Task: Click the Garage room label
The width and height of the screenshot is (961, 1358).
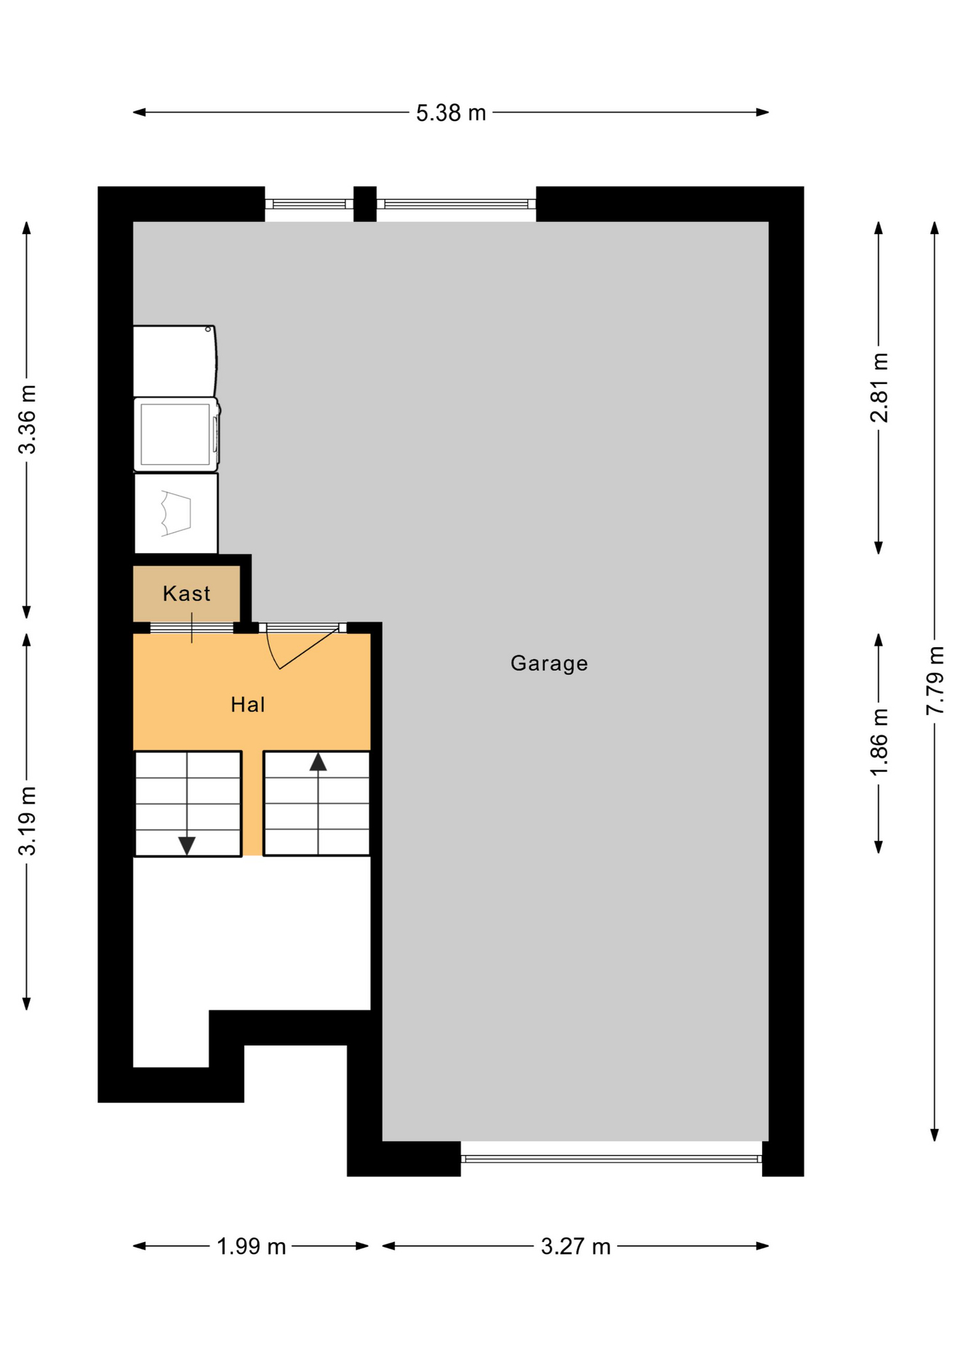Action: [549, 663]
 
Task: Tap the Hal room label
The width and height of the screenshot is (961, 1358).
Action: [248, 704]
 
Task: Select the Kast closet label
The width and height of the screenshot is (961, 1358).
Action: [186, 593]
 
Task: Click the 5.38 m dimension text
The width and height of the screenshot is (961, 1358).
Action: [451, 112]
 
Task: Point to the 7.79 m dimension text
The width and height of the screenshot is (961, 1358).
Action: [936, 680]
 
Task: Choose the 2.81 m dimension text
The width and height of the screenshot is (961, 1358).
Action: [879, 388]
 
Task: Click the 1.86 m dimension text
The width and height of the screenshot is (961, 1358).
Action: [879, 742]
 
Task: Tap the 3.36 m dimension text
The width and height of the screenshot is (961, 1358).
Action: [27, 419]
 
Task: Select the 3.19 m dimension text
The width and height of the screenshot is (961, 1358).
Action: [27, 820]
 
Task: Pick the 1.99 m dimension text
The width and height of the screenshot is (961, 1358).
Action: [251, 1246]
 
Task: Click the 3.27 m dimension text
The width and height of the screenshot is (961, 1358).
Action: [575, 1246]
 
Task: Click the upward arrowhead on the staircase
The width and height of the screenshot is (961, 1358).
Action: [318, 762]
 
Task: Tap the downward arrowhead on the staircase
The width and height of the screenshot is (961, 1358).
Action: [187, 846]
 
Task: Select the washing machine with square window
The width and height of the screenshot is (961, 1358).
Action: [176, 434]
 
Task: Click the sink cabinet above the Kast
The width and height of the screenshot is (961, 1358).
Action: [176, 513]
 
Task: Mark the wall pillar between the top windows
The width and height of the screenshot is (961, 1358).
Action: [365, 204]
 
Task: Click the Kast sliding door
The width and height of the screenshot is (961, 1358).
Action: [192, 627]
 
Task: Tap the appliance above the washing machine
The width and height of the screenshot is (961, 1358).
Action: [175, 361]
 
